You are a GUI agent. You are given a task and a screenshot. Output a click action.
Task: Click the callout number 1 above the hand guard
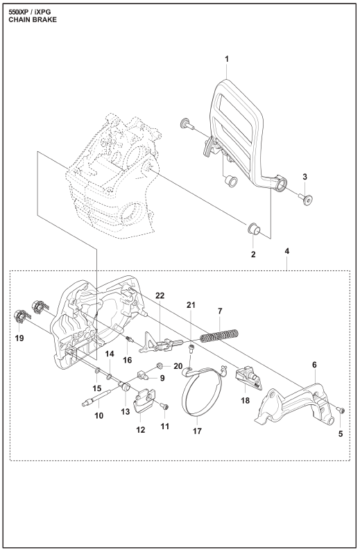[x=227, y=59]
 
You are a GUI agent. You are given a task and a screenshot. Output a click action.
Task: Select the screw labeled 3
[x=307, y=199]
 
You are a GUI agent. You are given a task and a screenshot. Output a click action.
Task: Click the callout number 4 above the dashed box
[x=287, y=251]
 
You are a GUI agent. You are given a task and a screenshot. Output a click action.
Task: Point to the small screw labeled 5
[x=341, y=409]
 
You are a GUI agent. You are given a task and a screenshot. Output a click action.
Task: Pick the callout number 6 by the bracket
[x=314, y=365]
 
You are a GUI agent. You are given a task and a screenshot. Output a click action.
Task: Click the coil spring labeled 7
[x=219, y=335]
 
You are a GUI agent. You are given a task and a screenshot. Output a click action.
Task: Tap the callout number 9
[x=162, y=378]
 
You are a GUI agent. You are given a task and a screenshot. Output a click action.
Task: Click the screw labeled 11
[x=164, y=406]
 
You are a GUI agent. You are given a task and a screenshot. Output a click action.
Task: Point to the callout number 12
[x=141, y=429]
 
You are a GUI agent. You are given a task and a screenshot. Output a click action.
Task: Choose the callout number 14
[x=110, y=354]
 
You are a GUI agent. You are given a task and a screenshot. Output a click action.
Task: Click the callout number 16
[x=127, y=360]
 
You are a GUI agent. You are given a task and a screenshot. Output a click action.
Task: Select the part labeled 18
[x=249, y=378]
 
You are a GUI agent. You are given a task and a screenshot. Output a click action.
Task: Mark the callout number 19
[x=19, y=338]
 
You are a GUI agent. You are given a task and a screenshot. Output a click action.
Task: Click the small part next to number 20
[x=160, y=365]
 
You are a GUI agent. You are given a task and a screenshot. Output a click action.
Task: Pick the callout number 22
[x=160, y=295]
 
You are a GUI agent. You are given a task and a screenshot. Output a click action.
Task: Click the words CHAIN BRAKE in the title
[x=33, y=19]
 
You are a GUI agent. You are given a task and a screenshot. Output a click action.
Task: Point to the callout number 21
[x=191, y=305]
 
